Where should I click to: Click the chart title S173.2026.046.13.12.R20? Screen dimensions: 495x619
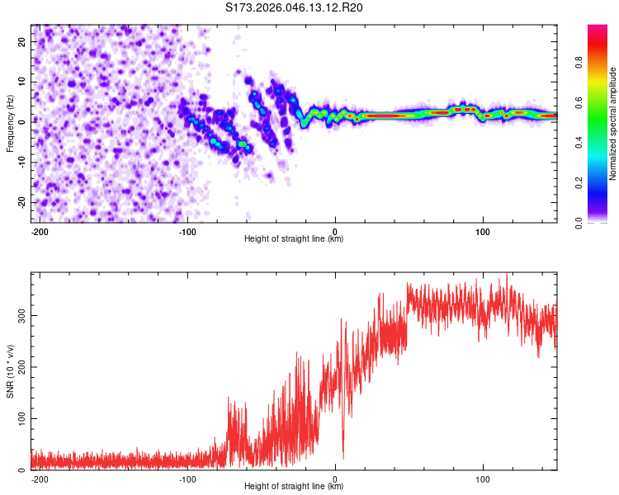(x=295, y=7)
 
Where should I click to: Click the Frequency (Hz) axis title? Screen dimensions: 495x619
(x=10, y=124)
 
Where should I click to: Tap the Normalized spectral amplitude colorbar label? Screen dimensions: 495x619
(x=612, y=124)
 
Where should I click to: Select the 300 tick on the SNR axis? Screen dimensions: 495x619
(x=20, y=315)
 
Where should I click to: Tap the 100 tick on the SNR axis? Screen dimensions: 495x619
(x=20, y=418)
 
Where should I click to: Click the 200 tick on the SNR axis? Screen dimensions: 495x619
(x=20, y=367)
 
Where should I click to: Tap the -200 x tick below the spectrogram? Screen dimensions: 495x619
(x=39, y=231)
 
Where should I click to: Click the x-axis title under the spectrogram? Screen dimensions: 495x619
(x=294, y=239)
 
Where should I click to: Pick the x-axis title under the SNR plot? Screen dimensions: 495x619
(x=294, y=487)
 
